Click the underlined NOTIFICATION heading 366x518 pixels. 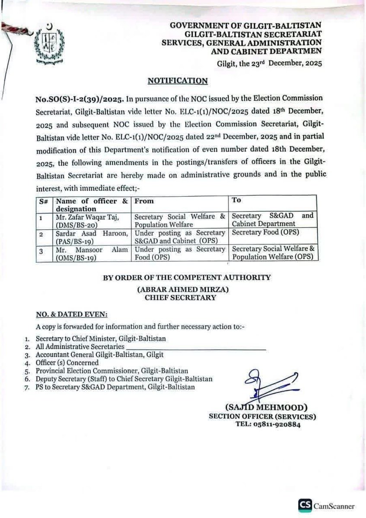click(178, 80)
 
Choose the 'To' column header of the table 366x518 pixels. click(237, 201)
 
